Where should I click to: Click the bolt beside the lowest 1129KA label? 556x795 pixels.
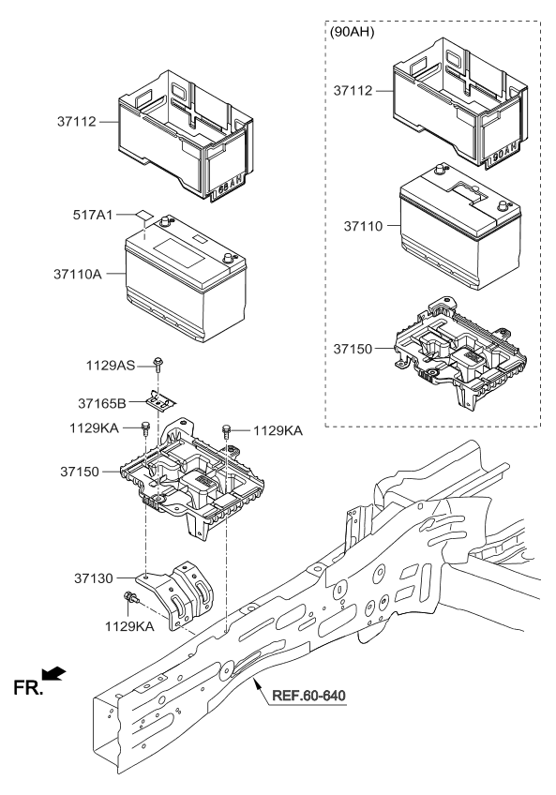[132, 600]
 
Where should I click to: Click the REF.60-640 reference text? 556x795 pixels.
[308, 697]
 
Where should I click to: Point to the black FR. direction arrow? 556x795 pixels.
[56, 672]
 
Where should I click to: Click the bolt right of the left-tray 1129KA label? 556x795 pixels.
[145, 428]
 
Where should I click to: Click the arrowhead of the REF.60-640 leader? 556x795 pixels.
[258, 685]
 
